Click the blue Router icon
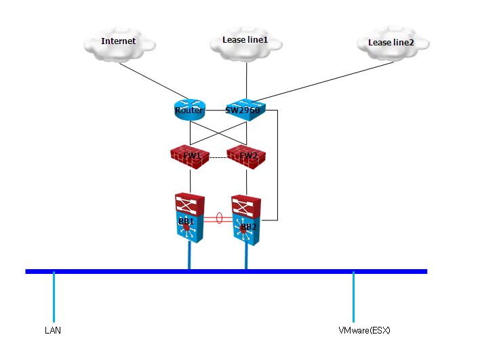(190, 110)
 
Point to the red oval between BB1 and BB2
(219, 218)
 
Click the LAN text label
(53, 331)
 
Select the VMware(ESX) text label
(364, 331)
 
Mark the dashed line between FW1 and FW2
(218, 158)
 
